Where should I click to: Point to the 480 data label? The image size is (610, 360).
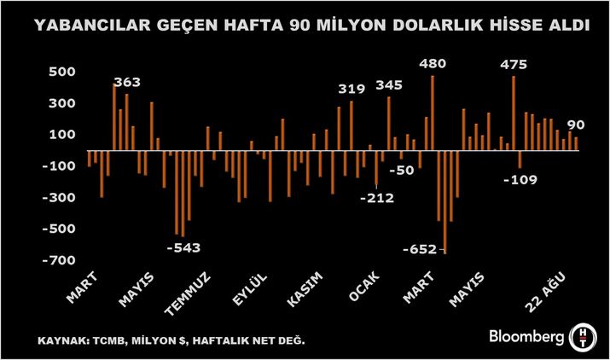[x=433, y=63]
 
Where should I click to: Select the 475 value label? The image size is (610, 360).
[x=514, y=64]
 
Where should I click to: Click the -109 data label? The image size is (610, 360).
[x=520, y=180]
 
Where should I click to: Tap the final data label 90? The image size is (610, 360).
[x=576, y=125]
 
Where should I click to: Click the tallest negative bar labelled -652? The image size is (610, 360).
[x=444, y=201]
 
